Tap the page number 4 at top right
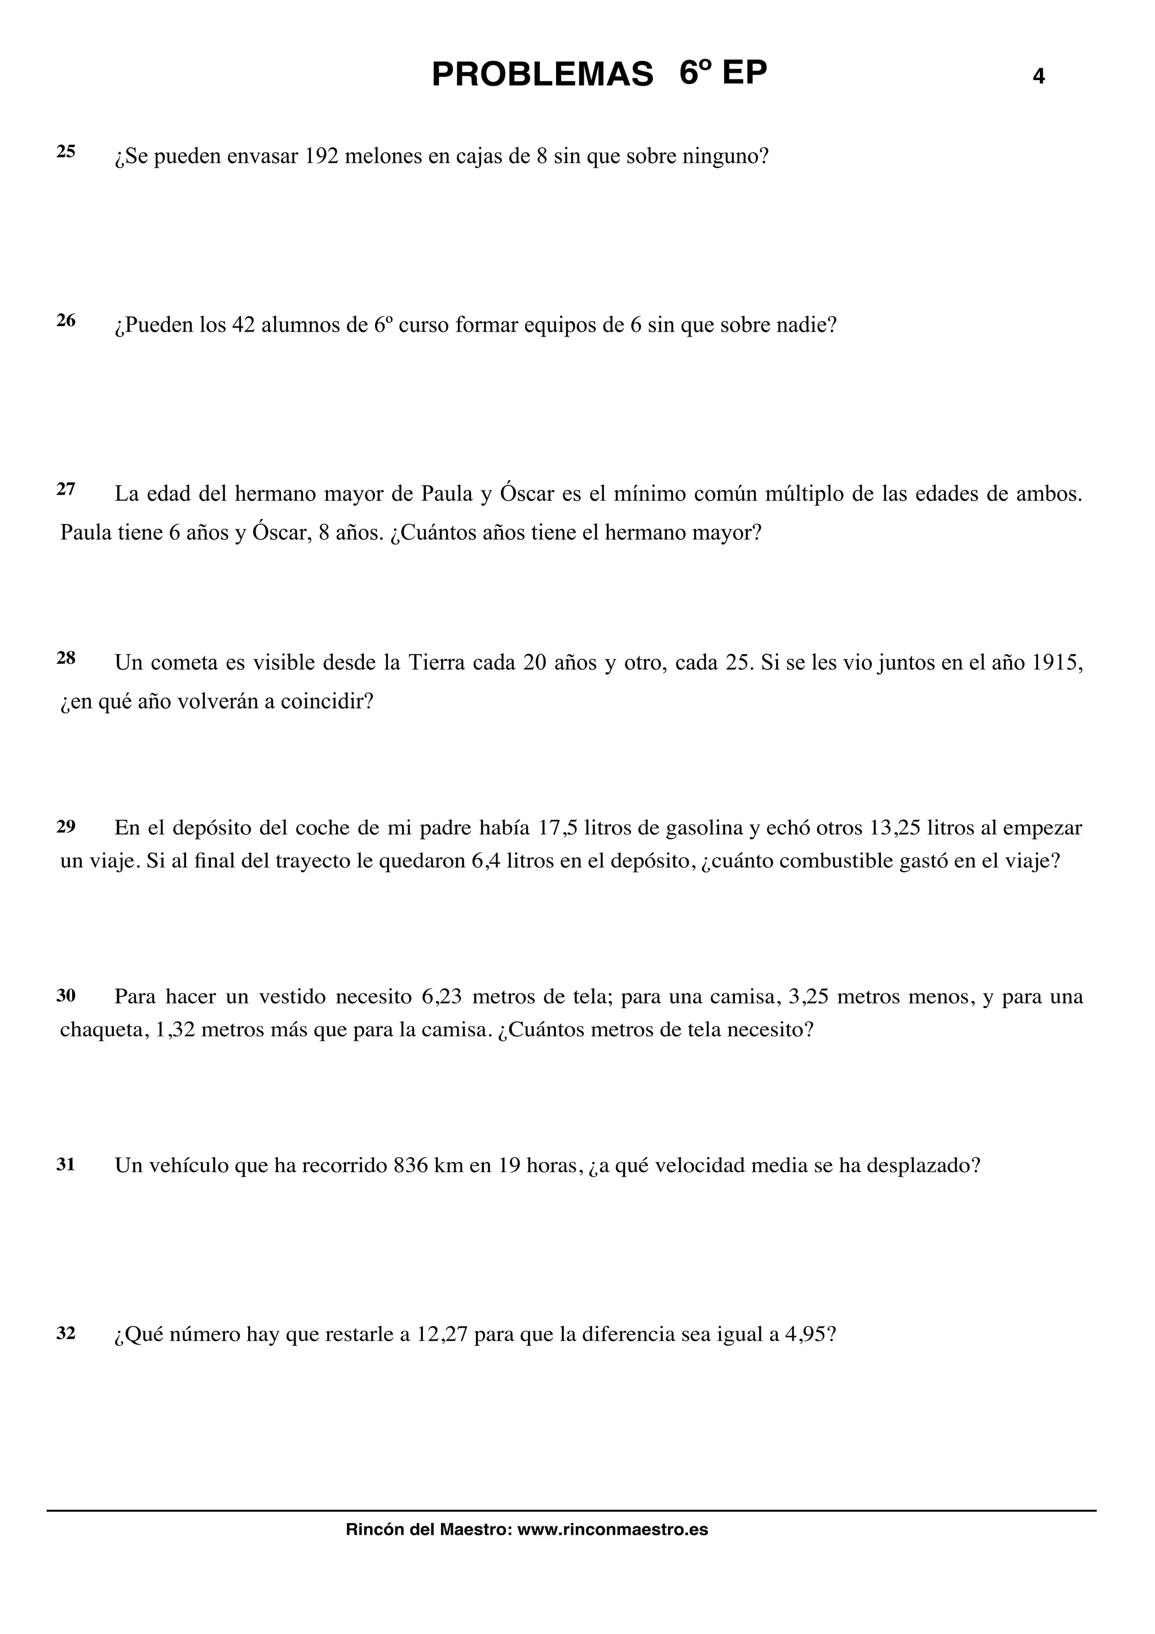(x=1038, y=76)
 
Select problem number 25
(x=66, y=152)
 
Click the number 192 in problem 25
(x=321, y=157)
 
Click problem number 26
(x=66, y=321)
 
